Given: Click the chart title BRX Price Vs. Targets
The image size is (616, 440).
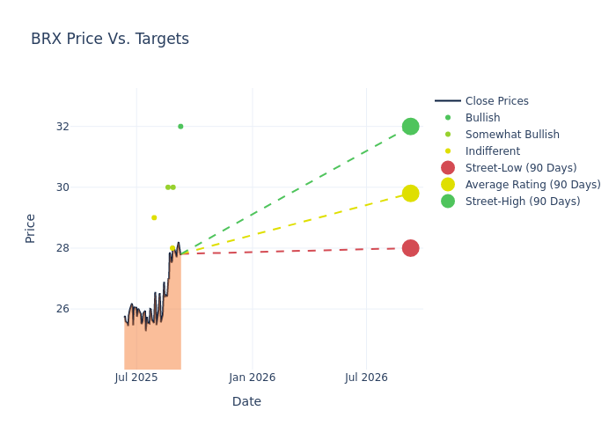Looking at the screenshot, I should pyautogui.click(x=110, y=39).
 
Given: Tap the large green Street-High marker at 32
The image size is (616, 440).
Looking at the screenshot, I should pyautogui.click(x=410, y=127).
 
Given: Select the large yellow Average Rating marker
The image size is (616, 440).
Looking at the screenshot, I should pyautogui.click(x=410, y=194).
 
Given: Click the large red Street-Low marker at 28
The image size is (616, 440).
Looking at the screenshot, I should pyautogui.click(x=410, y=248).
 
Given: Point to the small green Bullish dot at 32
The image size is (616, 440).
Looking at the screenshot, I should pyautogui.click(x=180, y=127).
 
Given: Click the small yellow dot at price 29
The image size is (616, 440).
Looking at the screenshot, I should pyautogui.click(x=154, y=217).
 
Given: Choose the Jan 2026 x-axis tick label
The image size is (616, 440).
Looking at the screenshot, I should pyautogui.click(x=252, y=378).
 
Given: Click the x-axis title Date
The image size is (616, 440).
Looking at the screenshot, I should pyautogui.click(x=246, y=402).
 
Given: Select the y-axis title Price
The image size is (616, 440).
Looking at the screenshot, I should pyautogui.click(x=31, y=228).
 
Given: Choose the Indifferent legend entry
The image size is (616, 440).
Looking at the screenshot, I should pyautogui.click(x=492, y=151).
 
